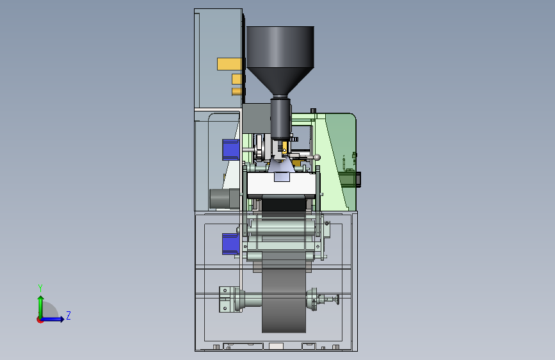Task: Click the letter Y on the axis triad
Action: click(40, 288)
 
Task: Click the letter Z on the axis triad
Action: click(68, 315)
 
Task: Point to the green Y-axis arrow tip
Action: click(41, 298)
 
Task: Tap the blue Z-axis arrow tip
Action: click(62, 319)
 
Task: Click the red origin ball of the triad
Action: click(40, 320)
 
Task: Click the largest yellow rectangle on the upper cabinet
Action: click(229, 64)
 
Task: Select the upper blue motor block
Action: click(231, 149)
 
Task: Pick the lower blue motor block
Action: click(231, 244)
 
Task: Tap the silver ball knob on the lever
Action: click(317, 157)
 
